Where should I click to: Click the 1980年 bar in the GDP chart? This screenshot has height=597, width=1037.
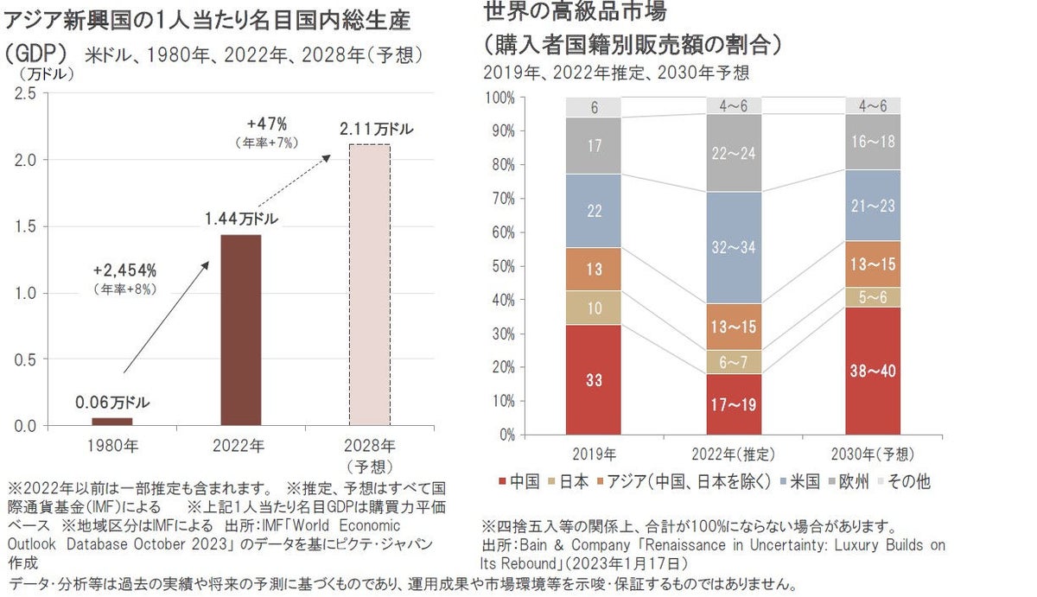point(112,421)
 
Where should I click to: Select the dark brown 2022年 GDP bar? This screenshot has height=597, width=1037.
point(241,329)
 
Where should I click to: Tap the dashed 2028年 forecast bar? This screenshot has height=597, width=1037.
point(369,285)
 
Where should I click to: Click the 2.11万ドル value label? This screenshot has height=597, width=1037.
point(376,130)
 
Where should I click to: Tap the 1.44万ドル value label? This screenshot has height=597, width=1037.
point(242,219)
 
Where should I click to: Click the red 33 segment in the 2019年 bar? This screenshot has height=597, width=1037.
point(594,379)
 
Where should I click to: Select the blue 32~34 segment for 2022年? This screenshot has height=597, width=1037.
point(734,247)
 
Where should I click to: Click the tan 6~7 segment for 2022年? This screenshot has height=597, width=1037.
point(734,362)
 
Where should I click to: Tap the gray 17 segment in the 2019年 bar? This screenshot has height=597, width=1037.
point(594,145)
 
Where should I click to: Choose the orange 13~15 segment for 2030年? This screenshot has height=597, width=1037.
point(874,264)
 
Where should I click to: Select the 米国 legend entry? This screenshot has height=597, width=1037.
point(798,481)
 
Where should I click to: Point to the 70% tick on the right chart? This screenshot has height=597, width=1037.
point(502,199)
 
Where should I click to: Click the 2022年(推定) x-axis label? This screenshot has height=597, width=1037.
point(734,454)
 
